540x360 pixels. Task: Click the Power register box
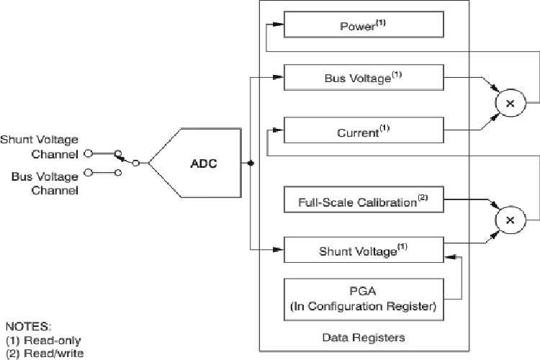coord(362,25)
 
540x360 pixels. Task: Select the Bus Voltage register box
coord(362,78)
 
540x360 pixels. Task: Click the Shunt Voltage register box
coord(362,250)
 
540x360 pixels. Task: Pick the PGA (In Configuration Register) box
coord(362,298)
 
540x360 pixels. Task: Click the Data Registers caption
coord(363,337)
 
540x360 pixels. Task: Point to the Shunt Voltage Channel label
coord(39,146)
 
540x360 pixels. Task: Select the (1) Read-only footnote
coord(43,340)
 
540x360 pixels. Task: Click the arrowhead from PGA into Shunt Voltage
coord(449,255)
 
